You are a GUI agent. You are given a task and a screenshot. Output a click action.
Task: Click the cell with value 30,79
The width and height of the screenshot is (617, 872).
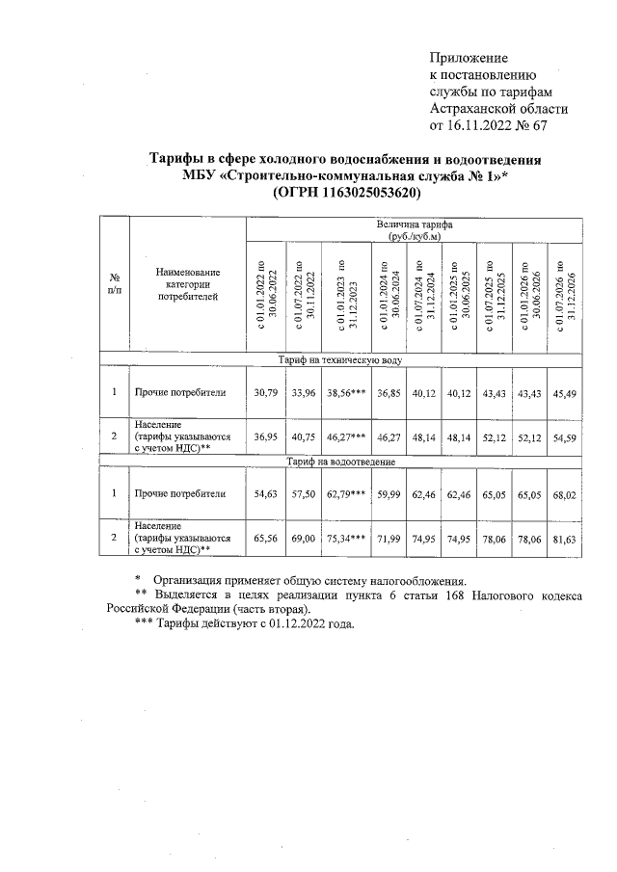tap(264, 392)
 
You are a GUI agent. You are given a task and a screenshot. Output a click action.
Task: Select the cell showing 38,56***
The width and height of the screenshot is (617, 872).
tap(344, 392)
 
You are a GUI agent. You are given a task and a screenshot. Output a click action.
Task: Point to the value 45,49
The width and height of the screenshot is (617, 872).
tap(564, 392)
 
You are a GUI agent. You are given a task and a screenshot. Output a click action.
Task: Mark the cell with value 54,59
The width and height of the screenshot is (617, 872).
tap(564, 436)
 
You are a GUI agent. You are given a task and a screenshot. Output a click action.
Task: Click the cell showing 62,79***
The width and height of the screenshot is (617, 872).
tap(344, 493)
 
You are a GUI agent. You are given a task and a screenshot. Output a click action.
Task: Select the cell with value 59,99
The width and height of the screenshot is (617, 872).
tap(387, 493)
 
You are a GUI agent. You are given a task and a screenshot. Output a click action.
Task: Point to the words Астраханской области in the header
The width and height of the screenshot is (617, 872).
tap(498, 109)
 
